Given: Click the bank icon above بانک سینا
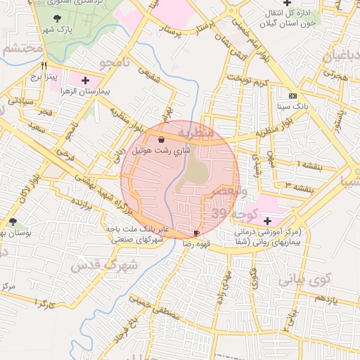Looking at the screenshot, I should (x=292, y=96).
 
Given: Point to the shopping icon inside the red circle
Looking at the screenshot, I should (x=162, y=139).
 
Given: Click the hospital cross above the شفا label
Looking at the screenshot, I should (x=266, y=221).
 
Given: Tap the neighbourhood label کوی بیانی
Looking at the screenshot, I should (x=304, y=280).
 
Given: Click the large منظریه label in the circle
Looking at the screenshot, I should (x=195, y=131).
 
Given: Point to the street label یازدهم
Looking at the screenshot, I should (x=327, y=299).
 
